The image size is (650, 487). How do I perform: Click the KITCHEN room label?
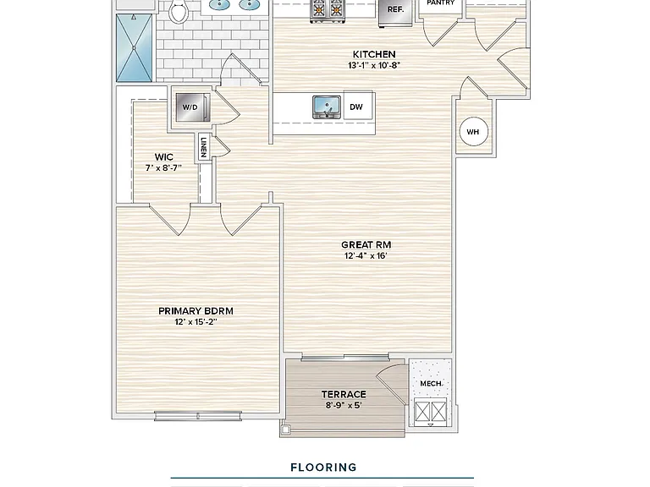pyautogui.click(x=374, y=54)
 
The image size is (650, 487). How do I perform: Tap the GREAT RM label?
pyautogui.click(x=366, y=244)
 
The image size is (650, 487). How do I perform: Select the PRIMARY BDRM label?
pyautogui.click(x=196, y=311)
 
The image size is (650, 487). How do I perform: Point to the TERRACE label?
pyautogui.click(x=344, y=394)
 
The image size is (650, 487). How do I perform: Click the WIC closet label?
pyautogui.click(x=163, y=157)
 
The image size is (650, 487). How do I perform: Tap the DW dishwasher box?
pyautogui.click(x=358, y=107)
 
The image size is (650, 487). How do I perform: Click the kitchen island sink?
pyautogui.click(x=327, y=107)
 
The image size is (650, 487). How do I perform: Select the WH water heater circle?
pyautogui.click(x=472, y=132)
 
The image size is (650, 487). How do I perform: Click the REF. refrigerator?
pyautogui.click(x=395, y=10)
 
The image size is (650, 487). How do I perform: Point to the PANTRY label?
pyautogui.click(x=441, y=3)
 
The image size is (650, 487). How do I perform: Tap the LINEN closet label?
pyautogui.click(x=203, y=145)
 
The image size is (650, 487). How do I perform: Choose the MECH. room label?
pyautogui.click(x=431, y=384)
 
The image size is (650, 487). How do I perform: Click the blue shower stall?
pyautogui.click(x=134, y=48)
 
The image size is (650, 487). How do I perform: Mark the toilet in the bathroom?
pyautogui.click(x=179, y=11)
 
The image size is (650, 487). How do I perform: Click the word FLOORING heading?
pyautogui.click(x=324, y=468)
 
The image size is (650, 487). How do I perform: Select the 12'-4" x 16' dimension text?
pyautogui.click(x=366, y=256)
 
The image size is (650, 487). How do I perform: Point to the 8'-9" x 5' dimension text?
pyautogui.click(x=344, y=406)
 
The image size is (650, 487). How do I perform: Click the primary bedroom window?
pyautogui.click(x=198, y=416)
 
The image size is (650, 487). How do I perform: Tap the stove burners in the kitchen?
pyautogui.click(x=328, y=9)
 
